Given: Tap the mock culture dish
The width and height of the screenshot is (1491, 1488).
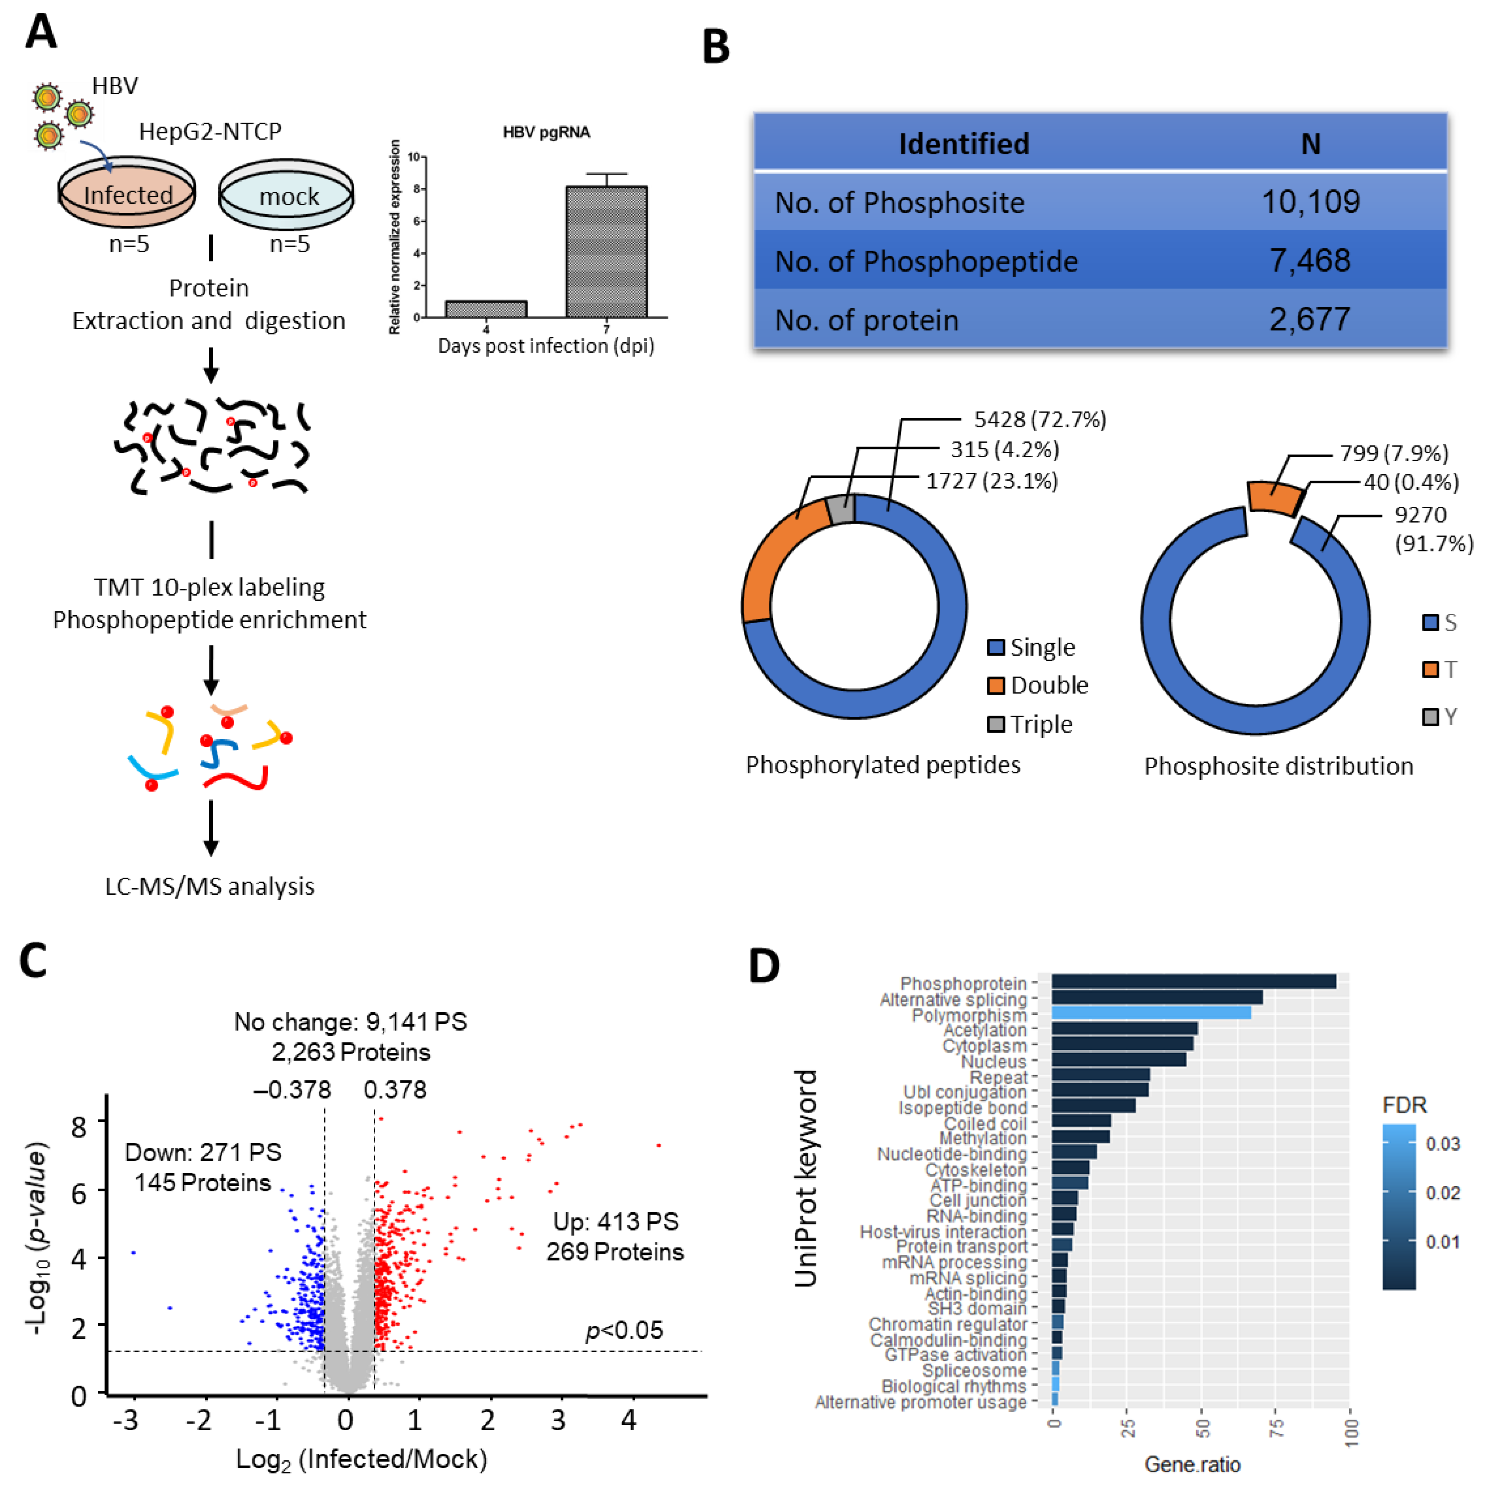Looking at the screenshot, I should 287,196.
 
